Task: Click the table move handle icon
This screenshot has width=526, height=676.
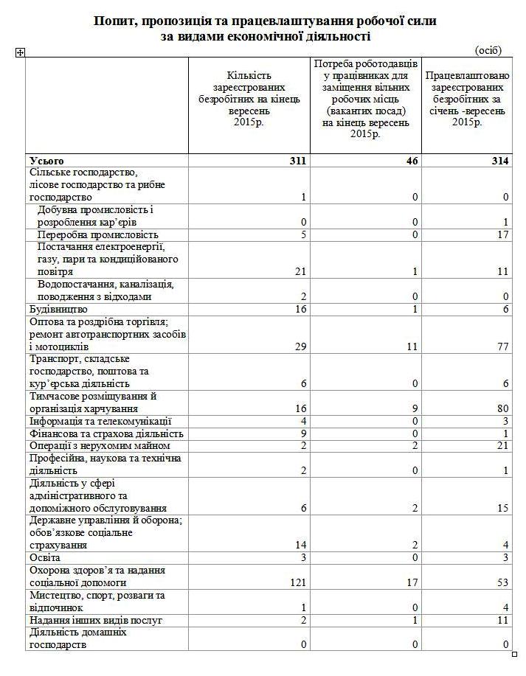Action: pyautogui.click(x=20, y=52)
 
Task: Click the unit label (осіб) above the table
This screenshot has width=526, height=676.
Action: pyautogui.click(x=488, y=50)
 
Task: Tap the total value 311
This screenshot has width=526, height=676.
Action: pyautogui.click(x=297, y=161)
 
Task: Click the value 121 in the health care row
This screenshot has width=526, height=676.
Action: pyautogui.click(x=297, y=582)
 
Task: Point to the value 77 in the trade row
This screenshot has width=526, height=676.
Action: pyautogui.click(x=503, y=346)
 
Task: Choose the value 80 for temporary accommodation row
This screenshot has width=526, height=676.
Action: pyautogui.click(x=503, y=408)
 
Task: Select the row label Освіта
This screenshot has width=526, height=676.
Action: pyautogui.click(x=44, y=558)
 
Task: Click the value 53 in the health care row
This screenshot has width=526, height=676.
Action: pyautogui.click(x=503, y=582)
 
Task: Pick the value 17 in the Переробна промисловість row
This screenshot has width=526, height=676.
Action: pyautogui.click(x=503, y=234)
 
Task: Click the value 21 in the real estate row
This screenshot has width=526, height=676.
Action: pyautogui.click(x=503, y=446)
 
